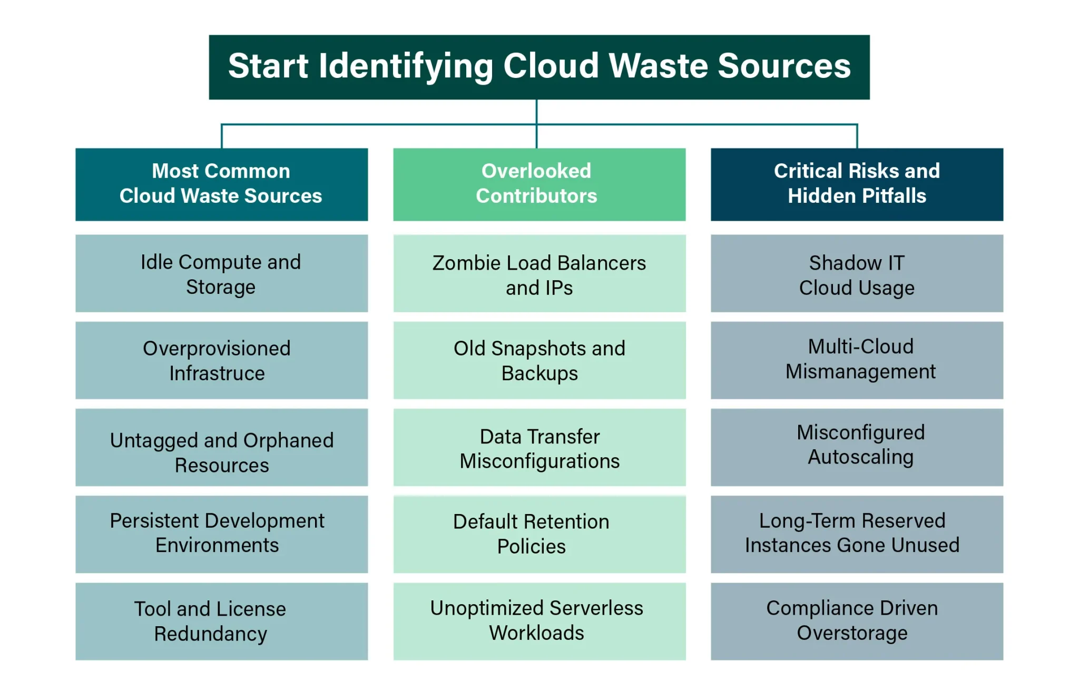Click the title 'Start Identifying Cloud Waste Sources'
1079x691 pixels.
539,67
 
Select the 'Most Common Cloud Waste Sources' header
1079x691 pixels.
221,184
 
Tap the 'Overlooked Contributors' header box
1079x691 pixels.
539,184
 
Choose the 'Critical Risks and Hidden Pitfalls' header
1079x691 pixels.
857,184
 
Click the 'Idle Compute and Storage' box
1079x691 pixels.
221,273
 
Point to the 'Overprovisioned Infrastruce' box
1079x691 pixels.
221,360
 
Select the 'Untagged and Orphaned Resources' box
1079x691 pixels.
221,447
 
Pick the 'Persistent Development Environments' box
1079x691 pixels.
221,534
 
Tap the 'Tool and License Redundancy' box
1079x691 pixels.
221,621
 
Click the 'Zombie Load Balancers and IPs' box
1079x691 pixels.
539,273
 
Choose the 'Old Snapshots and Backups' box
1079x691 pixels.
539,360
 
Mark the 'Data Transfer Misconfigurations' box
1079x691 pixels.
539,447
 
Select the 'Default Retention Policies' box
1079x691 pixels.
539,534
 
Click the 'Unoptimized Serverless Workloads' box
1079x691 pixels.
539,621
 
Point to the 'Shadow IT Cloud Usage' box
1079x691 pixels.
857,273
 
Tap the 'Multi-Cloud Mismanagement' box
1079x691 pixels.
857,360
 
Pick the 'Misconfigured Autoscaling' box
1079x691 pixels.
857,447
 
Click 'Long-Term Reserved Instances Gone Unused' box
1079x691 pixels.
857,534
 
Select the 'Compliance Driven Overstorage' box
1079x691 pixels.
857,621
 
